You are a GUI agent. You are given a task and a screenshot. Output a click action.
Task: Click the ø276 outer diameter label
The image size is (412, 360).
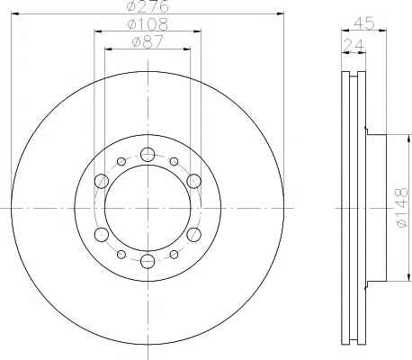pos(148,6)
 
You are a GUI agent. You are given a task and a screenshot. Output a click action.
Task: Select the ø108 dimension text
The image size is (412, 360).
pos(148,24)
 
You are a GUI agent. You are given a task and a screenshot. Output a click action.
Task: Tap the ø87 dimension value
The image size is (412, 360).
pos(148,42)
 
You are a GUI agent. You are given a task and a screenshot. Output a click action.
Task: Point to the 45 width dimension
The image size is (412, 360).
pos(364,23)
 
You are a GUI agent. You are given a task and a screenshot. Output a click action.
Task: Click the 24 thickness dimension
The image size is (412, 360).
pos(354,45)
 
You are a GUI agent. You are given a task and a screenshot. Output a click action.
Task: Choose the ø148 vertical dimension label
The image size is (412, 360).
pos(402,208)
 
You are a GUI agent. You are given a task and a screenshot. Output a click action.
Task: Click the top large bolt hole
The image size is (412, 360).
pos(148,155)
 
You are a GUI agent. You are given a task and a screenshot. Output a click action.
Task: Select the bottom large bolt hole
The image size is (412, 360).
pos(148,261)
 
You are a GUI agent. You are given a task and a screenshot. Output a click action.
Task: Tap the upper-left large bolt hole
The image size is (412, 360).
pos(102,181)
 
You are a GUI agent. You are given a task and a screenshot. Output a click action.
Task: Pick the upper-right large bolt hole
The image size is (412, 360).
pos(193,181)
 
